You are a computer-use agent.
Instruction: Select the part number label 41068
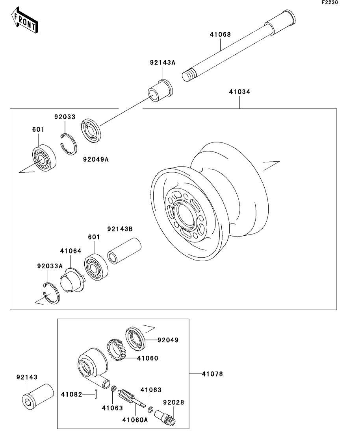(x=220, y=35)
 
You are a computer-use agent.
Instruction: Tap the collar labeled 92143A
(x=160, y=90)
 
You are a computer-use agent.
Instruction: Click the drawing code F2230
(x=330, y=2)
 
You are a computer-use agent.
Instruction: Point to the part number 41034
(x=240, y=92)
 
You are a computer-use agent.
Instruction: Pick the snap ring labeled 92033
(x=69, y=144)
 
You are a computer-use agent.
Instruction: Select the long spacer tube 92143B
(x=124, y=251)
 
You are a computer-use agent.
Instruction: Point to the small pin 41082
(x=96, y=394)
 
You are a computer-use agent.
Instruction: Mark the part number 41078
(x=213, y=374)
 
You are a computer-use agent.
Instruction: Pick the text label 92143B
(x=120, y=229)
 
